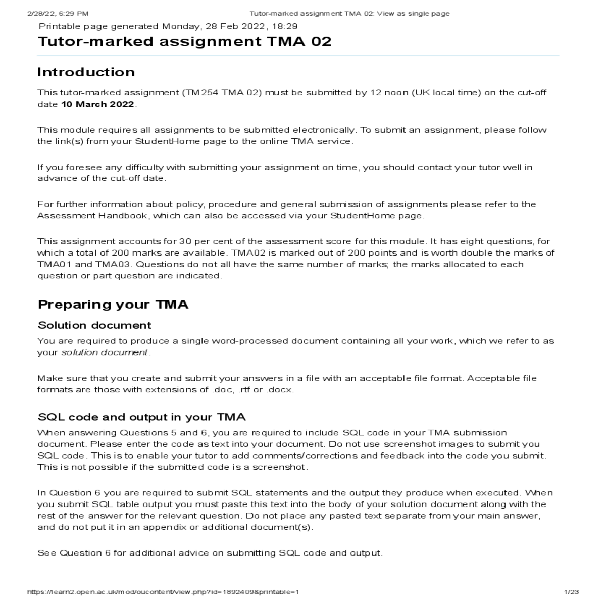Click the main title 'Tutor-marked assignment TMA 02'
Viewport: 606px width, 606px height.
point(184,41)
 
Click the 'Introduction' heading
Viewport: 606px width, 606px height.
point(86,72)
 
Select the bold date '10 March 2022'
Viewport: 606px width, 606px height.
point(98,104)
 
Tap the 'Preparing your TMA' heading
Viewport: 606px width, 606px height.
point(113,305)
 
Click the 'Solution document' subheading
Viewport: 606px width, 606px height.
point(94,325)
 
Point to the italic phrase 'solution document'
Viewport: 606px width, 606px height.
point(105,352)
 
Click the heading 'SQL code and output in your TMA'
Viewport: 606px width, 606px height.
point(141,417)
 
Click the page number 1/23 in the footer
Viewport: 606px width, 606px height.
point(571,592)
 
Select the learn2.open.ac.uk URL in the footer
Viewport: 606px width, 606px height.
point(163,592)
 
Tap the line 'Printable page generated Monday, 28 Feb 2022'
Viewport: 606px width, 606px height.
point(168,27)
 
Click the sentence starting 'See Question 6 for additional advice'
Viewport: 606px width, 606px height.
point(210,553)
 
